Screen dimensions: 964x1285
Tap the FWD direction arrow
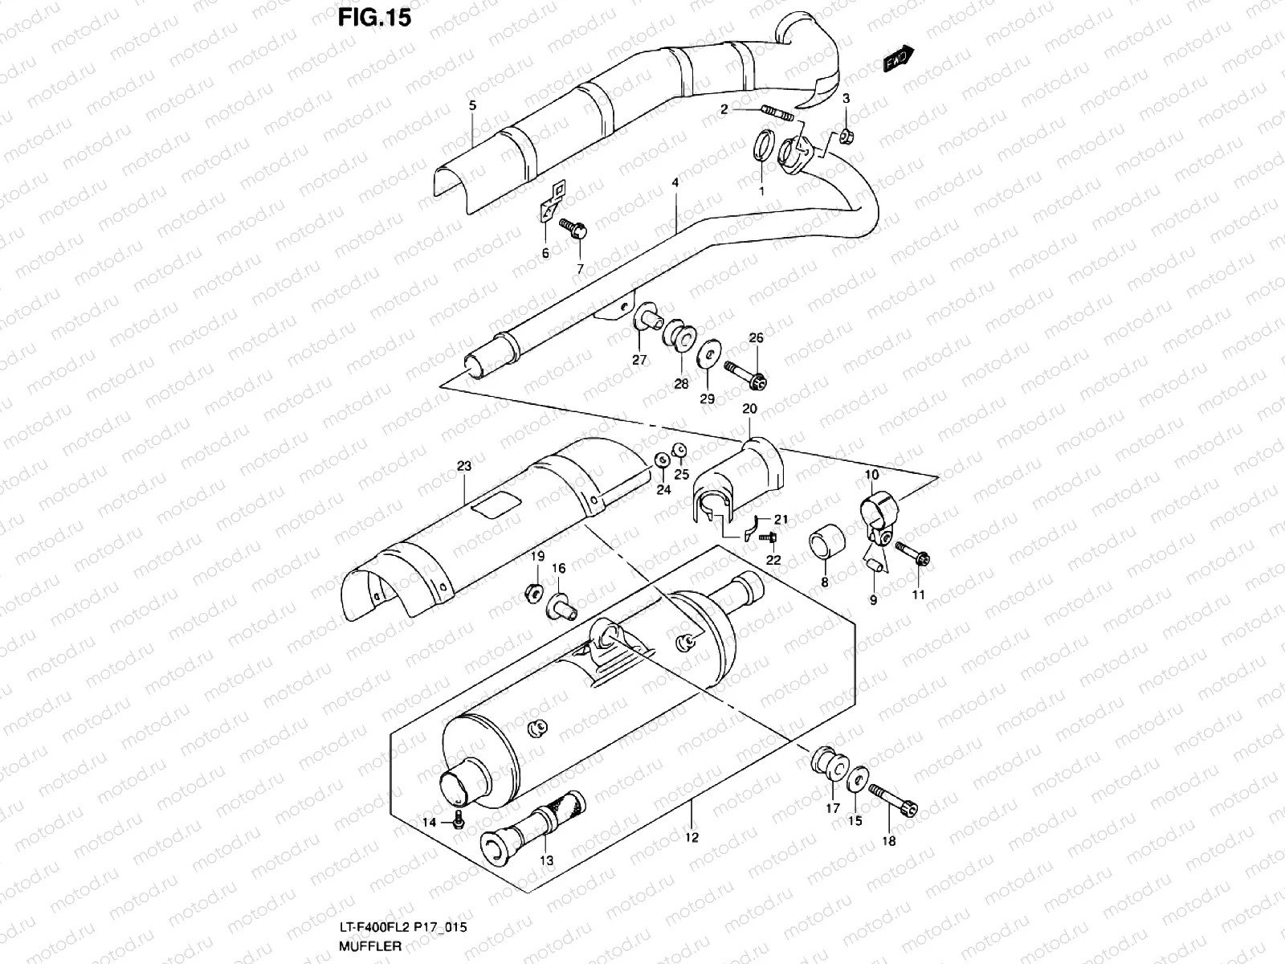pos(899,59)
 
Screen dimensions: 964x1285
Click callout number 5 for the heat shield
pos(472,105)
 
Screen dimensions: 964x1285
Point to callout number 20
pos(749,409)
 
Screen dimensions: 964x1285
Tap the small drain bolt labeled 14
pos(458,821)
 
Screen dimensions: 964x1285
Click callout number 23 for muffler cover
pos(464,466)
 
